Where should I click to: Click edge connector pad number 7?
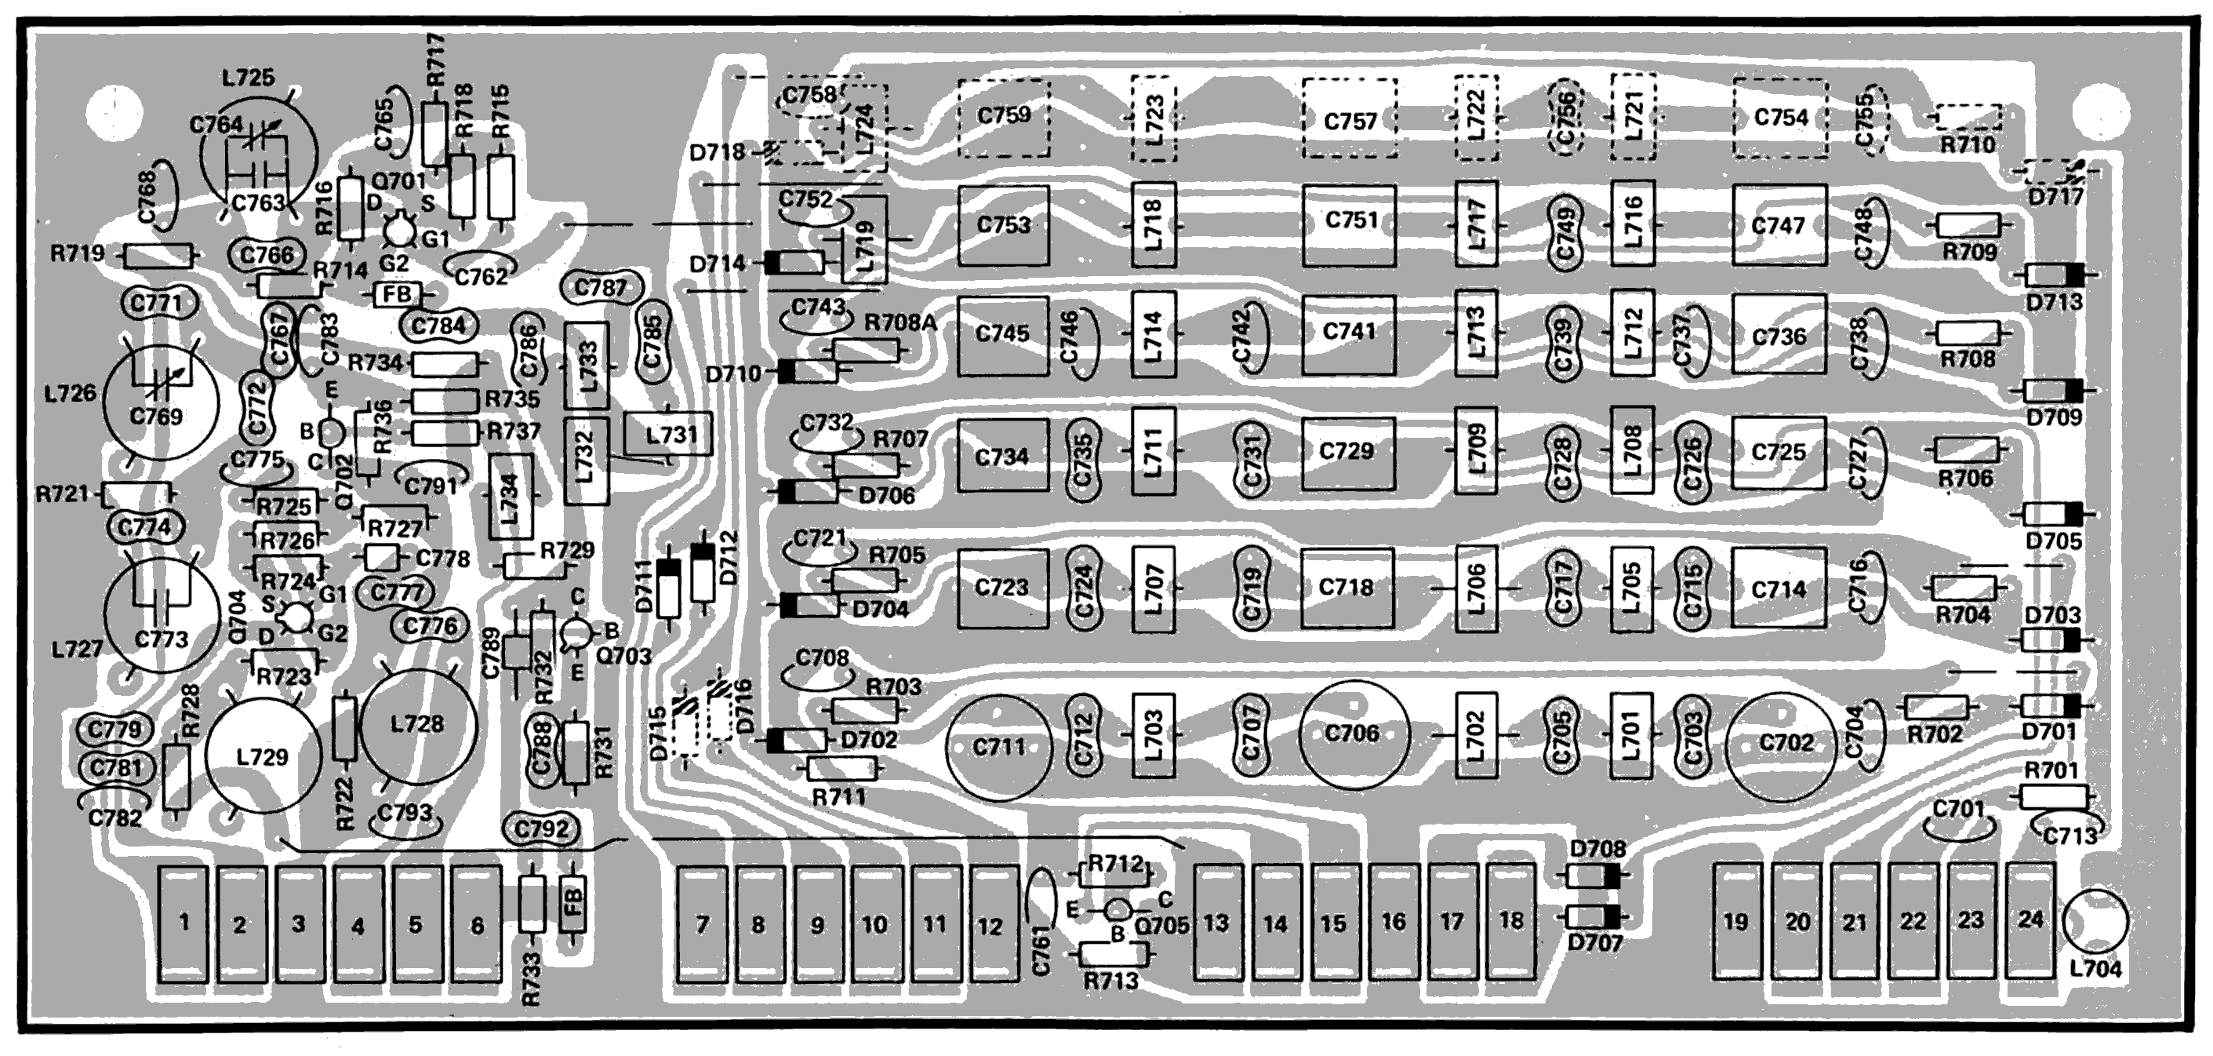702,923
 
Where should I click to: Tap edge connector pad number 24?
2030,921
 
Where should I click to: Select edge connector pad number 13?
1216,923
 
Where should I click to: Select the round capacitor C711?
999,747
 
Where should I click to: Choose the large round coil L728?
419,723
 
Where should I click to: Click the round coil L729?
263,756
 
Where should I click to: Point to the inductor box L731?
669,435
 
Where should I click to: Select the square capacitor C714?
1779,589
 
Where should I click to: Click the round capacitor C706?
1353,734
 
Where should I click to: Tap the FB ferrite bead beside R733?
573,903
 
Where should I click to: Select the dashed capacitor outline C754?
1780,118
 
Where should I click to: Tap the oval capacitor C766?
266,255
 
